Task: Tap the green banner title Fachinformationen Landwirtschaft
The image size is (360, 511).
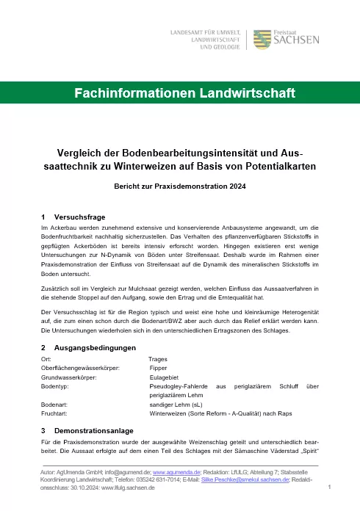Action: coord(180,93)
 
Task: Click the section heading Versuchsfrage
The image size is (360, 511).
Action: coord(79,217)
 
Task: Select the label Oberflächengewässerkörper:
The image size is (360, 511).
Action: coord(81,367)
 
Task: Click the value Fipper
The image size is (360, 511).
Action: coord(158,367)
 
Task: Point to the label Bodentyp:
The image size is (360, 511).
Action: coord(56,385)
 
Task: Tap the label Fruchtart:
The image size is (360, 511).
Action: coord(56,413)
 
